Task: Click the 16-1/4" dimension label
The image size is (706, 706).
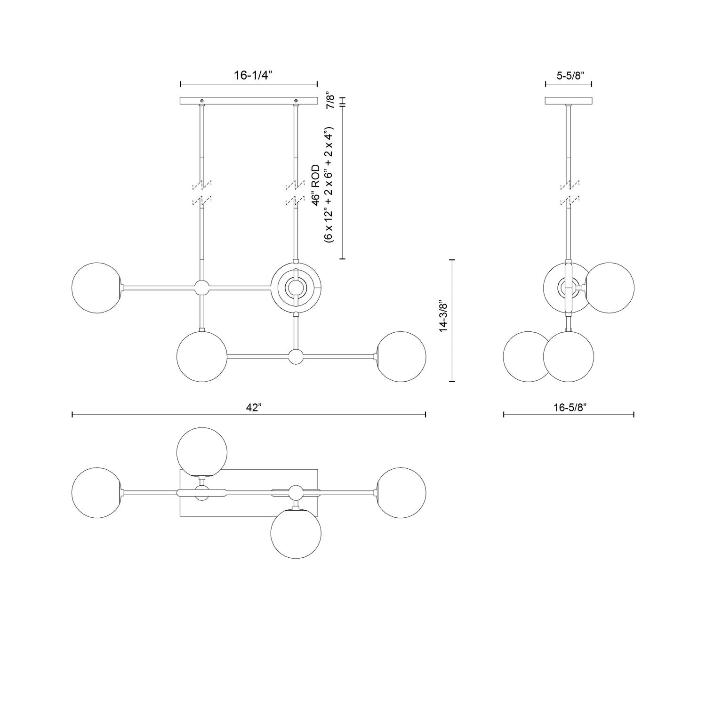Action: (x=253, y=75)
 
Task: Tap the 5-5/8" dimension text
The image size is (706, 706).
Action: (x=569, y=75)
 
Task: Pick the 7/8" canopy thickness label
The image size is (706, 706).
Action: (x=331, y=101)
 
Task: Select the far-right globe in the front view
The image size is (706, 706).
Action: (x=401, y=356)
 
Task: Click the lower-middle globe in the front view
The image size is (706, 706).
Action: (x=202, y=356)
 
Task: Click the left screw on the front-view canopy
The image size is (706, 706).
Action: (x=202, y=101)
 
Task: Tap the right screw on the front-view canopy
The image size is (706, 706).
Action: (x=296, y=101)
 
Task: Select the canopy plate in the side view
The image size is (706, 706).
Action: (x=569, y=101)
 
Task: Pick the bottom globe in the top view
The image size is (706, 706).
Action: (x=296, y=533)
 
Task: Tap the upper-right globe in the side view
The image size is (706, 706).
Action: (x=610, y=288)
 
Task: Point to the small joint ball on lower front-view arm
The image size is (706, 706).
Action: (x=296, y=356)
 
